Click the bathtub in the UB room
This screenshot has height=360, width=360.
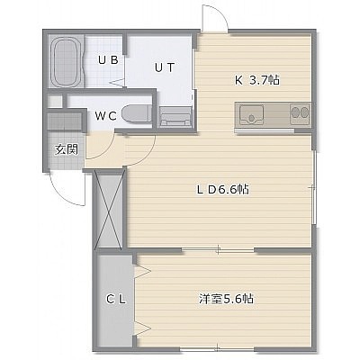67,61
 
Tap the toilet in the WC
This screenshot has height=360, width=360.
136,114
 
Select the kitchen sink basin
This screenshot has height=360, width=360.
251,115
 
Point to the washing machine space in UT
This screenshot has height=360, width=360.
175,117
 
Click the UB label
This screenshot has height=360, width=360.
108,60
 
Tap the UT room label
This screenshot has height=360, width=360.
165,67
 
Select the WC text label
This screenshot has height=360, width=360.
105,116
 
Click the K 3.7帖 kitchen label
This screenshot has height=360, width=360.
257,80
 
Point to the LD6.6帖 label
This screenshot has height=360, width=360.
222,189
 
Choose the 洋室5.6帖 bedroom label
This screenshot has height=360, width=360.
226,299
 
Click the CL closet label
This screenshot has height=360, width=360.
116,299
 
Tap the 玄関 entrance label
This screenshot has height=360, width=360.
67,149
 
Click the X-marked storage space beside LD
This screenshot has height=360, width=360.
108,209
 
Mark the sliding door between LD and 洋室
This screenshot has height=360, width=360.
218,249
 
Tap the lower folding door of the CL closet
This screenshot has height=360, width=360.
142,328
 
